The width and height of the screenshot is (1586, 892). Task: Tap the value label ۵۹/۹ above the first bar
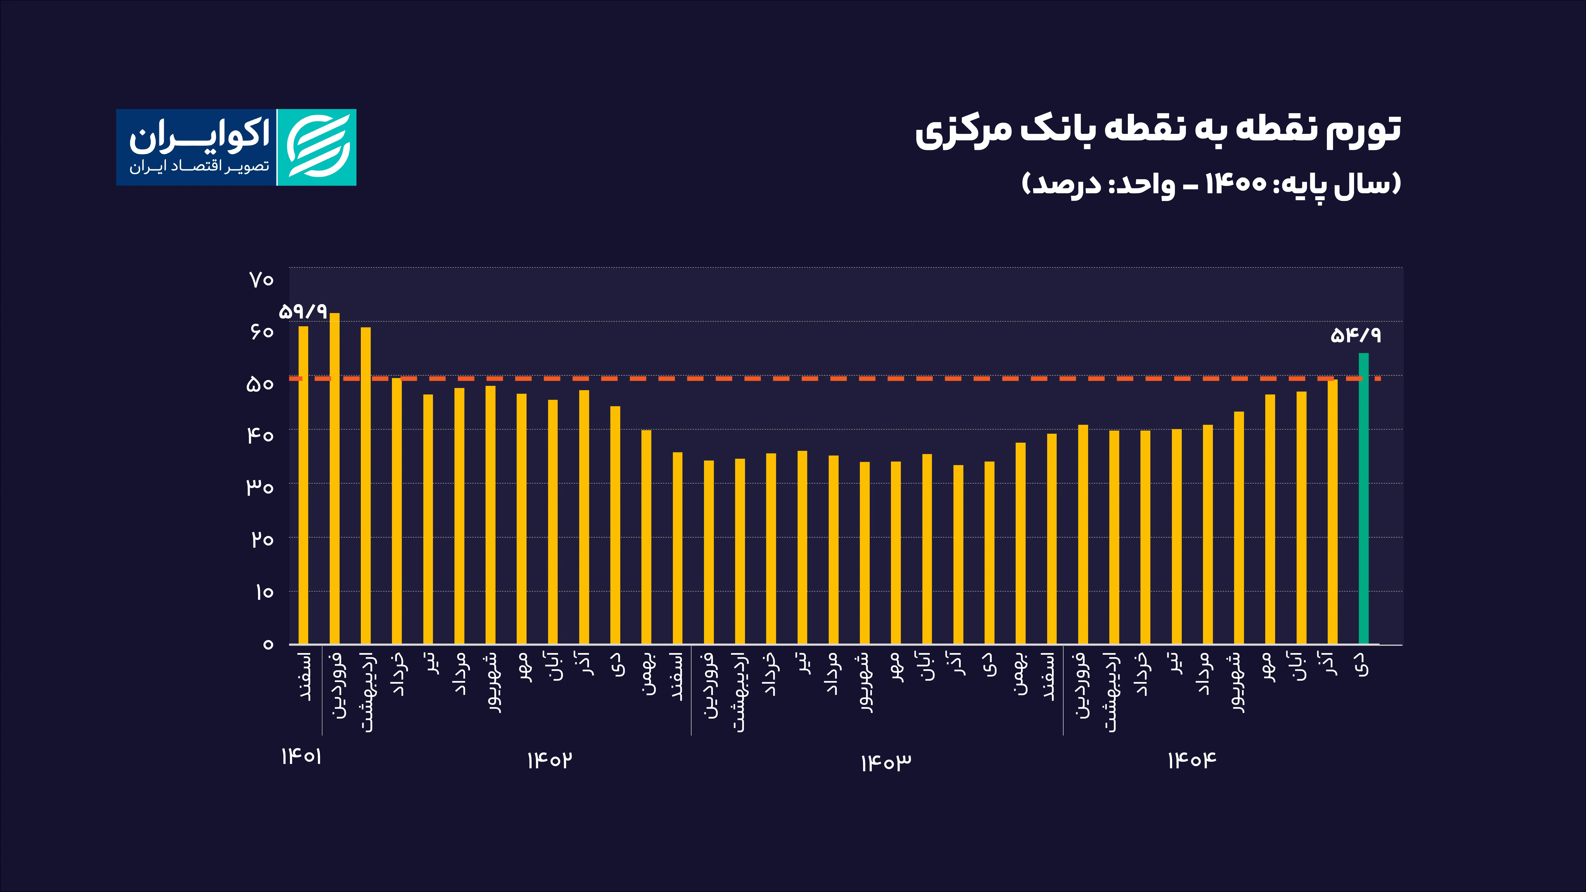pyautogui.click(x=303, y=311)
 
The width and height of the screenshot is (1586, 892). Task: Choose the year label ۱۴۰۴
pyautogui.click(x=1192, y=760)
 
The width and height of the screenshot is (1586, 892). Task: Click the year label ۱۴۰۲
pyautogui.click(x=549, y=760)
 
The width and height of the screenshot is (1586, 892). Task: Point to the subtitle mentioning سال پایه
pyautogui.click(x=1211, y=183)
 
